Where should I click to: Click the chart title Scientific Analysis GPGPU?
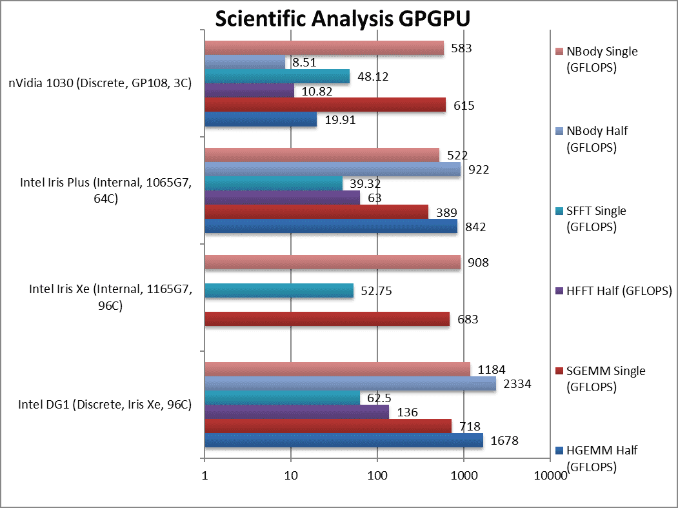click(x=342, y=19)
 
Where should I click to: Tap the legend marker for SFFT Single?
click(x=560, y=211)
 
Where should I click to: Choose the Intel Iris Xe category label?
click(x=110, y=298)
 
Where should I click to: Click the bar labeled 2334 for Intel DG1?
click(x=350, y=383)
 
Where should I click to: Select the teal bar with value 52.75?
click(x=279, y=290)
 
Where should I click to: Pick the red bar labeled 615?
click(x=324, y=105)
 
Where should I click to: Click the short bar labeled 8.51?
click(x=244, y=62)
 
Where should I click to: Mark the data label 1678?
click(x=504, y=441)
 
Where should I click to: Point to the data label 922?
click(x=478, y=170)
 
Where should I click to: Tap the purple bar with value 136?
click(x=296, y=412)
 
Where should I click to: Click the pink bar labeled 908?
click(x=332, y=262)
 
